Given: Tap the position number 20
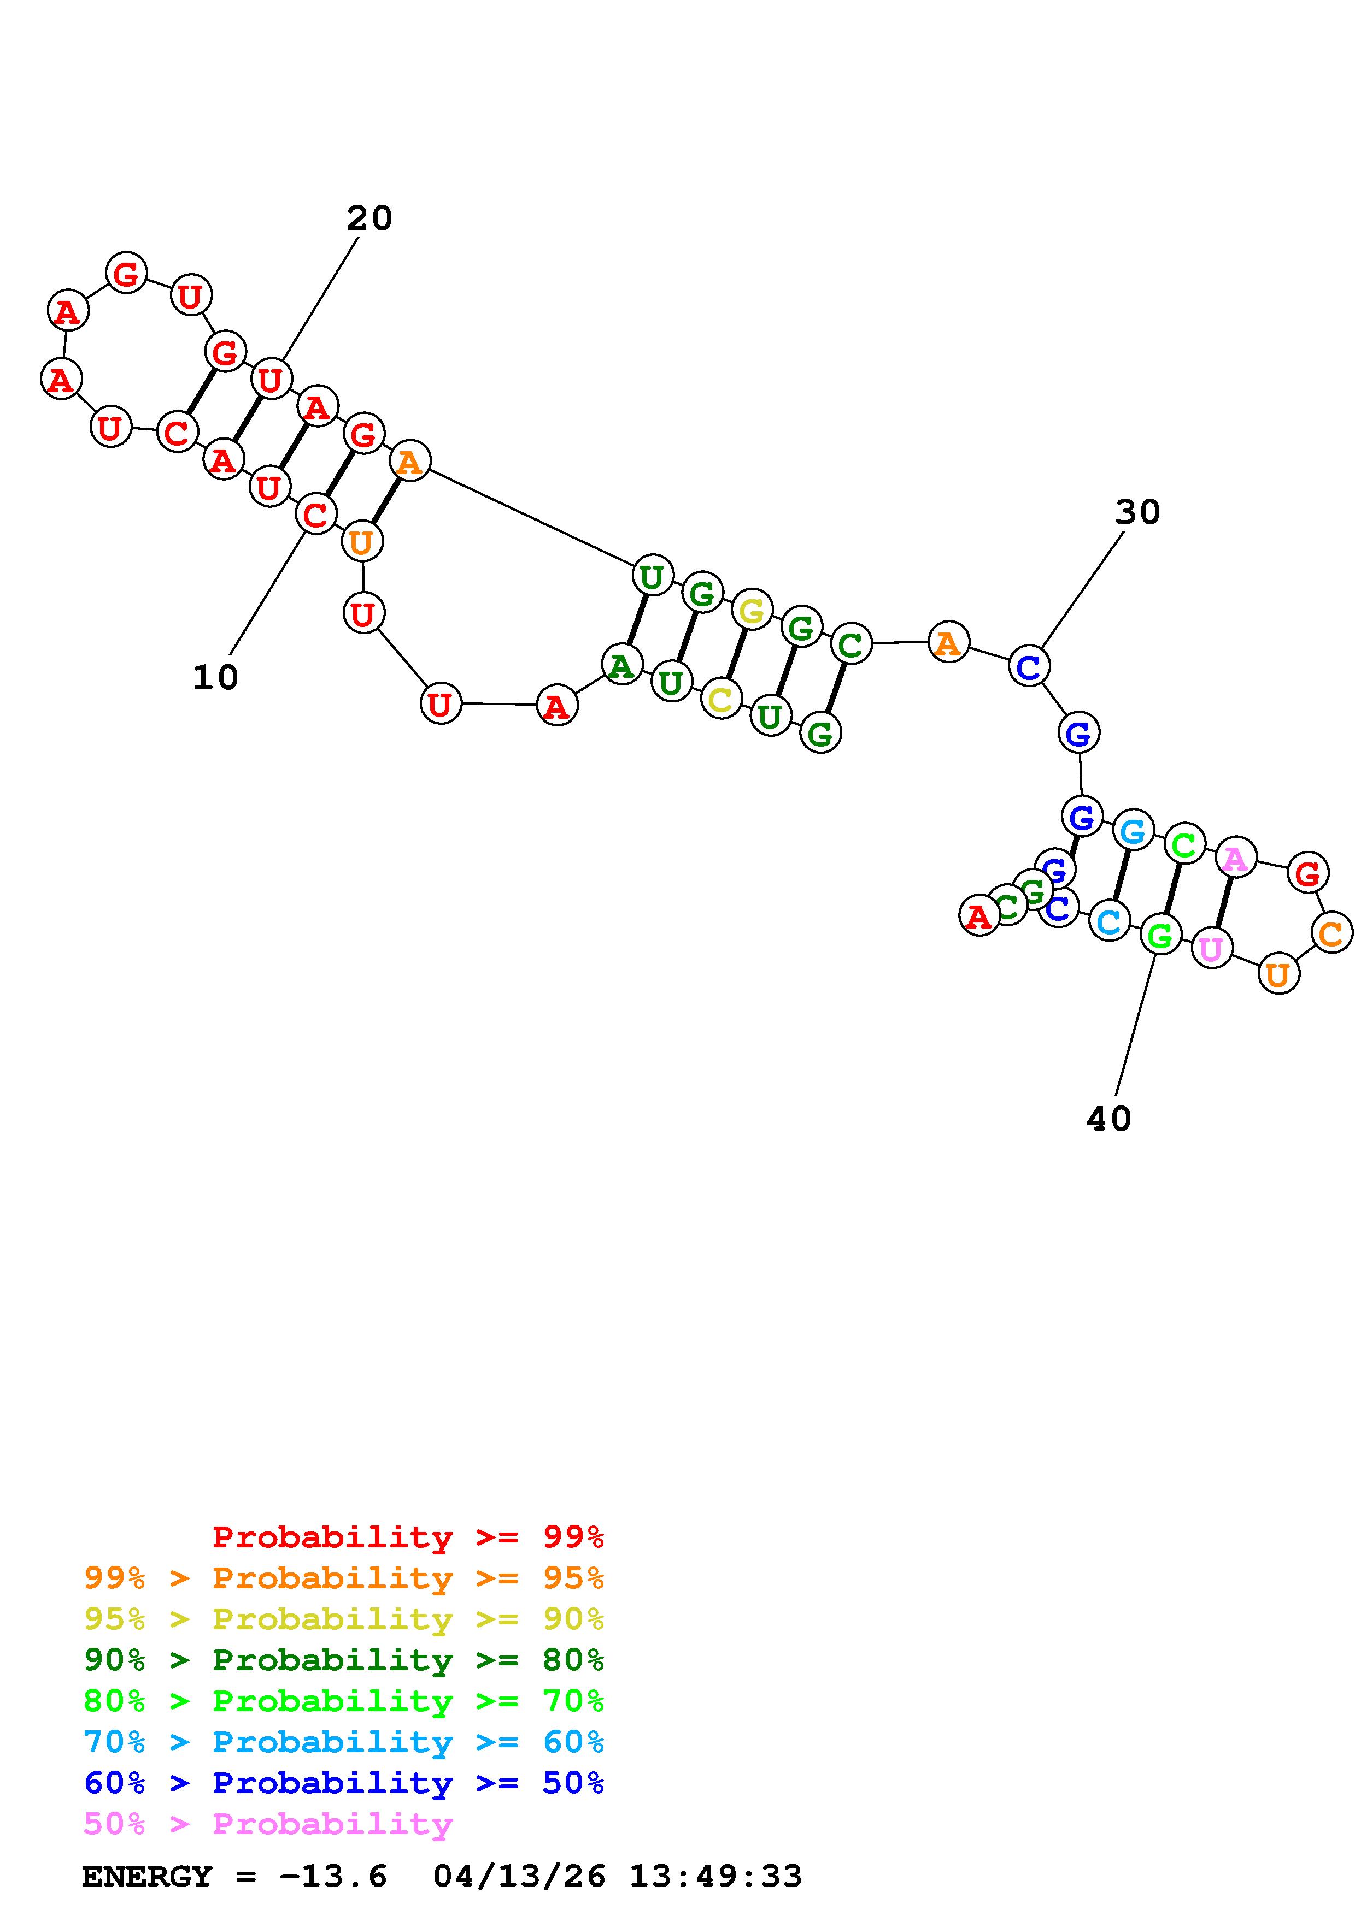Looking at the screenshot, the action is [x=369, y=218].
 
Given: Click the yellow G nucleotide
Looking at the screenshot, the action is [x=752, y=611].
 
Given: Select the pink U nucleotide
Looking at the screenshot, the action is [x=1211, y=949].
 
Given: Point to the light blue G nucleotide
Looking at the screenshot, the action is [x=1132, y=831].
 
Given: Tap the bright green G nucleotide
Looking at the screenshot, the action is [x=1160, y=936].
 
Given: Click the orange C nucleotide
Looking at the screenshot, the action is [x=1331, y=932].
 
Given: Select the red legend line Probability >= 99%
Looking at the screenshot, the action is [x=408, y=1536].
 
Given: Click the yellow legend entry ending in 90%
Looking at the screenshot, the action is [x=344, y=1619].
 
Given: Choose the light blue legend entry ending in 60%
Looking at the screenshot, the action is [x=344, y=1742].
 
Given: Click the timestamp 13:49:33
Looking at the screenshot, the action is [x=715, y=1876].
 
